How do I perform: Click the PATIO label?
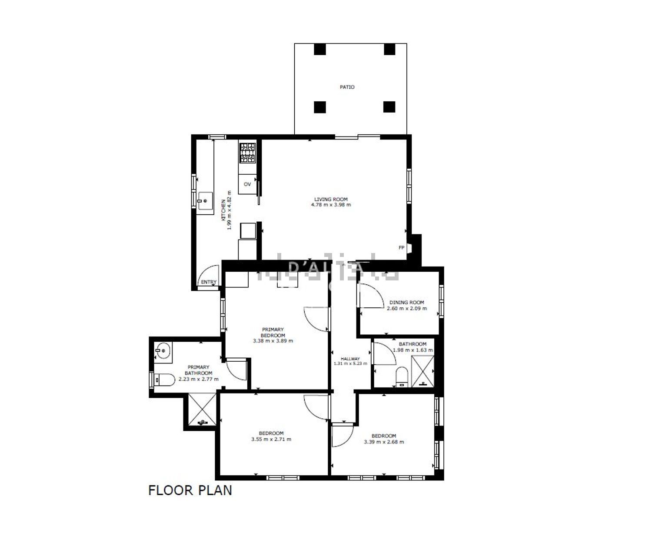(x=347, y=87)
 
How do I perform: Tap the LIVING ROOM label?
(x=331, y=200)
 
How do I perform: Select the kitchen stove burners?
(x=248, y=153)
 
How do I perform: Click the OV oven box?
(x=247, y=184)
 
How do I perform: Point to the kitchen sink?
(x=205, y=201)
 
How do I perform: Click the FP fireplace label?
(x=401, y=248)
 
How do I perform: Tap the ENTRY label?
(x=209, y=282)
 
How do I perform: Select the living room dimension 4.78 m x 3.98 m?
(x=331, y=205)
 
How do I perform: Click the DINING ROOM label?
(x=406, y=302)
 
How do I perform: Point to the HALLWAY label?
(x=350, y=359)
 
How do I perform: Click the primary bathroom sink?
(x=163, y=351)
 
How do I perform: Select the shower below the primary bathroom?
(x=202, y=410)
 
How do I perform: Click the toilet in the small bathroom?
(x=402, y=377)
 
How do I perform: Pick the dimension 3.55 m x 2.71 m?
(x=271, y=439)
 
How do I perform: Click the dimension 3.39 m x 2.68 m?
(x=384, y=442)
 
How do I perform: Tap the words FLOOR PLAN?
(x=190, y=490)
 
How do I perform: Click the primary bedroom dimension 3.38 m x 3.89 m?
(x=273, y=341)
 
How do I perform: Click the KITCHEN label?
(x=223, y=210)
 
